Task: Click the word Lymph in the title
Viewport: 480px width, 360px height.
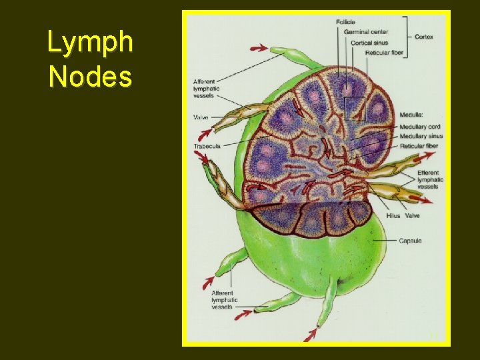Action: (90, 43)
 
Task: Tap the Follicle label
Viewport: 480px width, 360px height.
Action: (345, 23)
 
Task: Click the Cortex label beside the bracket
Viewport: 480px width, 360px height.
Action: (423, 37)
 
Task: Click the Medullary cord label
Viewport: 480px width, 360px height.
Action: (420, 127)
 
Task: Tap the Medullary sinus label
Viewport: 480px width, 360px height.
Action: (421, 136)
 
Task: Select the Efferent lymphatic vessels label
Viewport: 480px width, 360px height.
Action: (430, 179)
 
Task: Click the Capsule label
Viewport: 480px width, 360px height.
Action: (411, 240)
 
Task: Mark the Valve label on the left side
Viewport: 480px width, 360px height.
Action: (201, 117)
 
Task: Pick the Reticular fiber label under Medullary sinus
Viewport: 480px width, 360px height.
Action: (419, 145)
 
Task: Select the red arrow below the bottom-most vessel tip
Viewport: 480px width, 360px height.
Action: (311, 332)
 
